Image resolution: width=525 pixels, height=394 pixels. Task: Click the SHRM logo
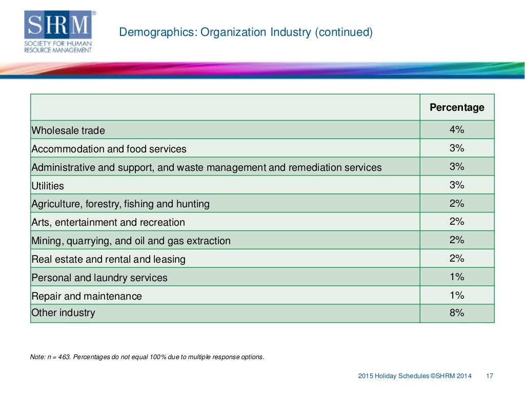click(59, 32)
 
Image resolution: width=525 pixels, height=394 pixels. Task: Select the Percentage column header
click(457, 107)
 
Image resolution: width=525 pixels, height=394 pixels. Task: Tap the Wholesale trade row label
click(68, 130)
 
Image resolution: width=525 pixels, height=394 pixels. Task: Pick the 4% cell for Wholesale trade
click(457, 129)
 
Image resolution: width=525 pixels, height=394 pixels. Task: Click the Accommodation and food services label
click(109, 149)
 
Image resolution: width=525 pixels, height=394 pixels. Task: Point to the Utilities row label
click(48, 186)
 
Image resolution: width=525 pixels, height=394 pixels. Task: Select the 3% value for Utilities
click(457, 185)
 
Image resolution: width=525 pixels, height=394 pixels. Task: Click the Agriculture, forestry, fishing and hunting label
click(120, 204)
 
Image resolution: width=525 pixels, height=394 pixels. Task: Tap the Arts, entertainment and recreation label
click(108, 222)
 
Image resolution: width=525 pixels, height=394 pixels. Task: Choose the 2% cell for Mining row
click(457, 240)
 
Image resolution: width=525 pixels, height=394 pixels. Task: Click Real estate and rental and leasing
click(109, 259)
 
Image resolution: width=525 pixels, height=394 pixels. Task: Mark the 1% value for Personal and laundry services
click(457, 277)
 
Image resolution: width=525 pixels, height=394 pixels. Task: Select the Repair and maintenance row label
click(87, 296)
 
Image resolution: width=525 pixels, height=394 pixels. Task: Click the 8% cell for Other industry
click(457, 312)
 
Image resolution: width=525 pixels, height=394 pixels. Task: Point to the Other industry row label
click(63, 312)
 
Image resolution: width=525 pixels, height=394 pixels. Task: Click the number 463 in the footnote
click(64, 357)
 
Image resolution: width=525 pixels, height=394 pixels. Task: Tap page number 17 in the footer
click(490, 376)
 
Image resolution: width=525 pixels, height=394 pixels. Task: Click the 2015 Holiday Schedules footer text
click(394, 376)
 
